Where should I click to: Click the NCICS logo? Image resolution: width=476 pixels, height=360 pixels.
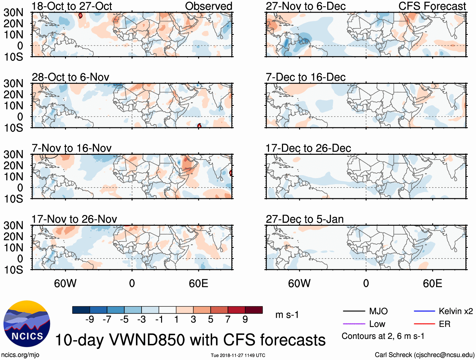(26, 324)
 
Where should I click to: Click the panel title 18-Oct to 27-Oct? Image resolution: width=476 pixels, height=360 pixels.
(72, 6)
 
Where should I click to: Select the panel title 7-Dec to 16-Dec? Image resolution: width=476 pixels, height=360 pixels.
(305, 77)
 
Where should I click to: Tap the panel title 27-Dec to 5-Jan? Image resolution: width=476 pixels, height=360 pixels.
(305, 219)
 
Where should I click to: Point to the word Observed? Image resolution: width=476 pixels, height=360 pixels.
(208, 6)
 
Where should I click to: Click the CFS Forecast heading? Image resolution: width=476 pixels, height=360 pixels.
(432, 6)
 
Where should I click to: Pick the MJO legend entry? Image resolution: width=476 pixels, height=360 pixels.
(378, 311)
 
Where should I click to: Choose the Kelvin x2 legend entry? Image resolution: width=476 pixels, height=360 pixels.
(456, 311)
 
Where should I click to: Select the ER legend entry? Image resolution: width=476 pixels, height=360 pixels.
(444, 324)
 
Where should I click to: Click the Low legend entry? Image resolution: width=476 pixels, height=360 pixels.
(377, 324)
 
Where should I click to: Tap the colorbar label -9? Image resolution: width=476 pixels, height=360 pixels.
(90, 320)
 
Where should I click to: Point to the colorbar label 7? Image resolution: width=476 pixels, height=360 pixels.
(228, 320)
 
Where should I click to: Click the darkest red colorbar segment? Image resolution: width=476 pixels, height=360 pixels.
(254, 310)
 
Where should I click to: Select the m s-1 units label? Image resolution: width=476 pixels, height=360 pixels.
(287, 315)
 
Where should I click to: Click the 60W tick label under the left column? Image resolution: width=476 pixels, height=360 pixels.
(65, 283)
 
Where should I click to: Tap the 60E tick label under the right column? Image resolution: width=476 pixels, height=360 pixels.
(432, 283)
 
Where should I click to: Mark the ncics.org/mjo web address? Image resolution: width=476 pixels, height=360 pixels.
(20, 355)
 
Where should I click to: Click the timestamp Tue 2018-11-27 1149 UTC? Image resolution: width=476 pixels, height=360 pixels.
(238, 355)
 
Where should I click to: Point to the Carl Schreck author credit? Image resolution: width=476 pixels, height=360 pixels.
(424, 355)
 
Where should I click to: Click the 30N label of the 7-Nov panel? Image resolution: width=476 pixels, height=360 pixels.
(13, 154)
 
